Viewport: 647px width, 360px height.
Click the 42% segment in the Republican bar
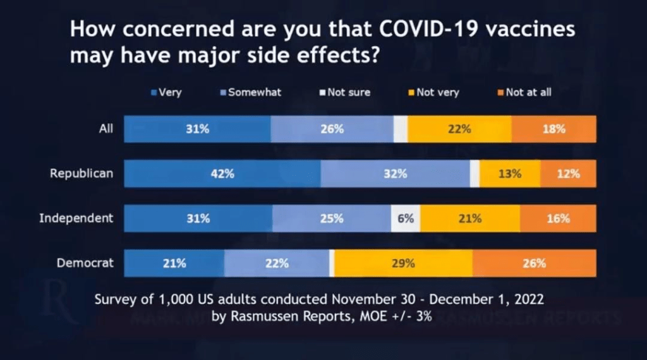(222, 174)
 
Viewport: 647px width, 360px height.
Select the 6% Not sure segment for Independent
(406, 219)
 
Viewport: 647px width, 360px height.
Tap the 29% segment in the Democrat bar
(403, 263)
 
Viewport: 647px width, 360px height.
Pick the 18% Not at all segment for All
(553, 129)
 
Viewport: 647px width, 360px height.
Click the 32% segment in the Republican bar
(395, 174)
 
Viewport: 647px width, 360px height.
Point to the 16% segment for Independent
(558, 219)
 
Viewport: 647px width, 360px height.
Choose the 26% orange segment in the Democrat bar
(534, 263)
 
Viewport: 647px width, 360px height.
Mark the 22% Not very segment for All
(459, 129)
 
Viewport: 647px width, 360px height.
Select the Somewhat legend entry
(250, 92)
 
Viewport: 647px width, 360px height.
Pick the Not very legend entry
(433, 92)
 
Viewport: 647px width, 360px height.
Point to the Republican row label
(82, 173)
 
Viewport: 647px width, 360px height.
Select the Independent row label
(76, 218)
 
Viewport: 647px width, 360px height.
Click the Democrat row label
(85, 263)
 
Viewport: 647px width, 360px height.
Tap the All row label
(106, 128)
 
